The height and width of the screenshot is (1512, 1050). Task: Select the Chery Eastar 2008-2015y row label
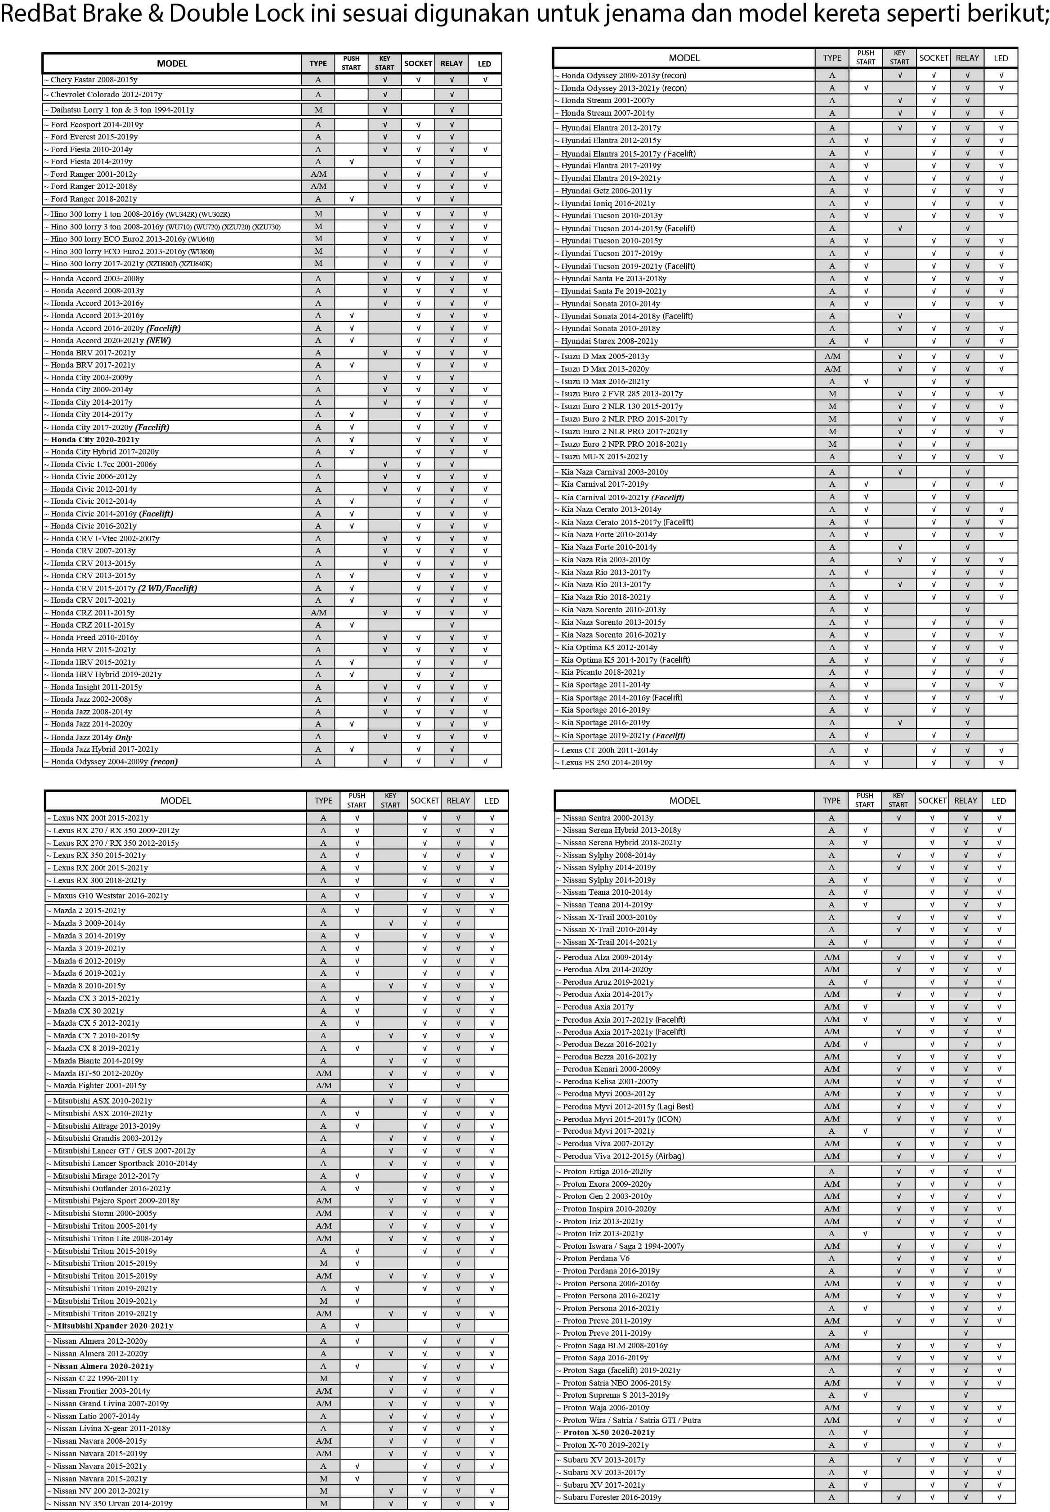pos(94,80)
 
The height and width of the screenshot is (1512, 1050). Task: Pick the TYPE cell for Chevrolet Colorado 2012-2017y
pos(318,95)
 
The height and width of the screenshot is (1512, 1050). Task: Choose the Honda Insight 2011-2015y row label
pos(96,687)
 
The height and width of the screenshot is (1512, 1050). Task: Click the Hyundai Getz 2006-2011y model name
pos(606,191)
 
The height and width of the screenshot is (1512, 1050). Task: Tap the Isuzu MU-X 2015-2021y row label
pos(604,457)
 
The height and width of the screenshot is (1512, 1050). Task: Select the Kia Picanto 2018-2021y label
pos(603,673)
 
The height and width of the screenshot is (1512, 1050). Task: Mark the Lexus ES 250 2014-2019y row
pos(607,763)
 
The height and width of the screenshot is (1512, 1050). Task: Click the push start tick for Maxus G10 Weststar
pos(357,896)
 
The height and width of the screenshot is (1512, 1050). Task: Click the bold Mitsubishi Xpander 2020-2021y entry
pos(113,1326)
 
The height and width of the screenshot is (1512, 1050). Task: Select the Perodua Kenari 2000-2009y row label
pos(611,1069)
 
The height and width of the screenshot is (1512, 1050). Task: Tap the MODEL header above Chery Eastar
pos(172,64)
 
